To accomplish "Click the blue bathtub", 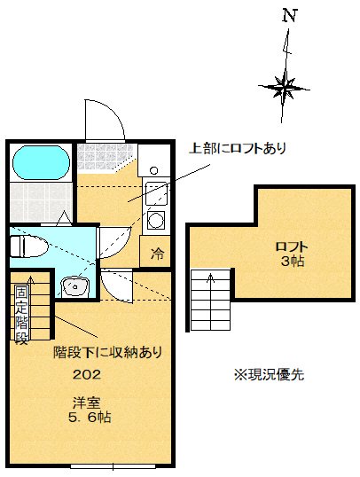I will (x=42, y=162).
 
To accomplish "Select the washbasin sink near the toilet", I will (x=74, y=285).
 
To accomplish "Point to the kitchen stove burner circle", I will (x=155, y=219).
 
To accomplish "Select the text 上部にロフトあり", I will (x=238, y=148).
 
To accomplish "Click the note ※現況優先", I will (x=270, y=374).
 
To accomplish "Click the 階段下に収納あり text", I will (x=106, y=352).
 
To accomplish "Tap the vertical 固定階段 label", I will (x=20, y=312).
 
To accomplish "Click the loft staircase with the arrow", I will (x=211, y=299).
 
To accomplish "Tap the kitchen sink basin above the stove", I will (x=155, y=192).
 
